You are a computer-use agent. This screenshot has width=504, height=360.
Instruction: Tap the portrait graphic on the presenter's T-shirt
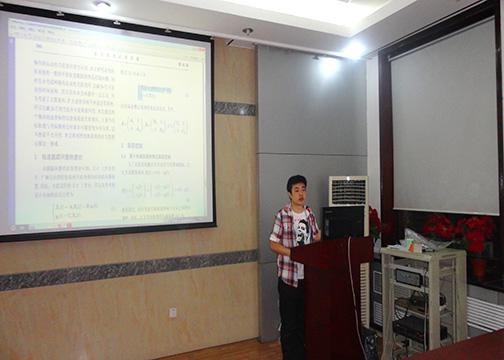(x=300, y=224)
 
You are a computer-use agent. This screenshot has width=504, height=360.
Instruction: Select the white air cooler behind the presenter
(x=347, y=190)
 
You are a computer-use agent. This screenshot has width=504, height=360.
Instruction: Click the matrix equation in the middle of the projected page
(x=155, y=126)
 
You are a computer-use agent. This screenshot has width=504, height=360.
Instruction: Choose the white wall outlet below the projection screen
(x=173, y=312)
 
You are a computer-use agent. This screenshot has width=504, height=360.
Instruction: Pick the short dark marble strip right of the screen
(x=234, y=108)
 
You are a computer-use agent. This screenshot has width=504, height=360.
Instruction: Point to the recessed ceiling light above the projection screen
(x=102, y=5)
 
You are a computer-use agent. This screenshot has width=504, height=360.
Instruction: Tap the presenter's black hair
(x=296, y=182)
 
